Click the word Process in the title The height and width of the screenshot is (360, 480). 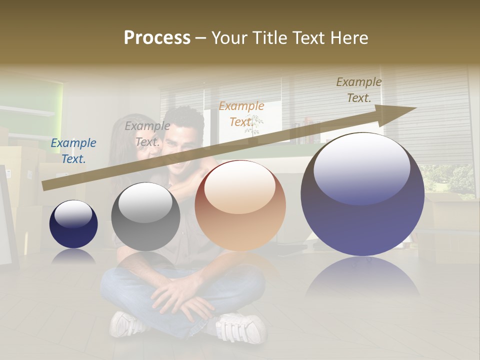(157, 37)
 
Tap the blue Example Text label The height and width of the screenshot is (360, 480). (73, 151)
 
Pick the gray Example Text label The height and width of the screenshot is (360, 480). (147, 134)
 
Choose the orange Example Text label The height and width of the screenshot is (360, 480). (241, 114)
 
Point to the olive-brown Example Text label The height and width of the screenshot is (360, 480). (359, 90)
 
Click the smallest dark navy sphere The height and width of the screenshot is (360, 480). (73, 224)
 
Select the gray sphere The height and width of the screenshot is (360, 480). (145, 216)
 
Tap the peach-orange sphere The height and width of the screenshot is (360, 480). (240, 205)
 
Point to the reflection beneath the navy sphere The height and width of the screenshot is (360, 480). (73, 256)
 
